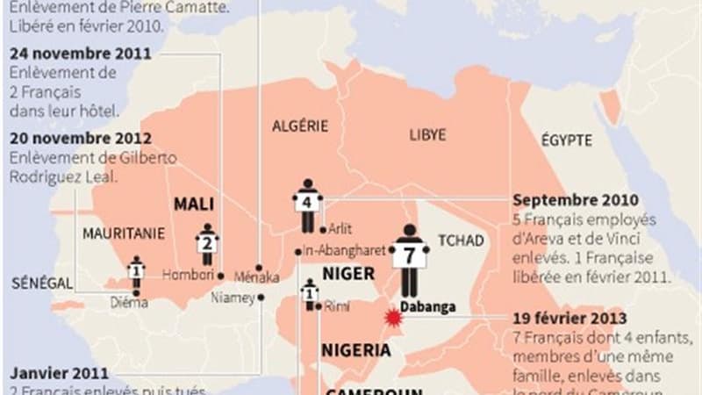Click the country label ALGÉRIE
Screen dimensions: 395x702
(300, 126)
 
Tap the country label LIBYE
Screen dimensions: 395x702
(427, 135)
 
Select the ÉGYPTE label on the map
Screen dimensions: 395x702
(566, 140)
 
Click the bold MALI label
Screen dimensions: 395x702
(194, 204)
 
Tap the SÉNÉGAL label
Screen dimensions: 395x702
(39, 284)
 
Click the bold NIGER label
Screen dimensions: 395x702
(348, 273)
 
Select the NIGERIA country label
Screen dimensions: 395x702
(355, 349)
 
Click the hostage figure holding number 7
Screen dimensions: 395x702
(410, 259)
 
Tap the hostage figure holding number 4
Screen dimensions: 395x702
(307, 204)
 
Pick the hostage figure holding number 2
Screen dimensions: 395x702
(207, 243)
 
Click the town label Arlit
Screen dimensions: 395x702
(340, 229)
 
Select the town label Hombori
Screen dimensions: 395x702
(187, 275)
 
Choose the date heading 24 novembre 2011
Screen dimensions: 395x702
(81, 54)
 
